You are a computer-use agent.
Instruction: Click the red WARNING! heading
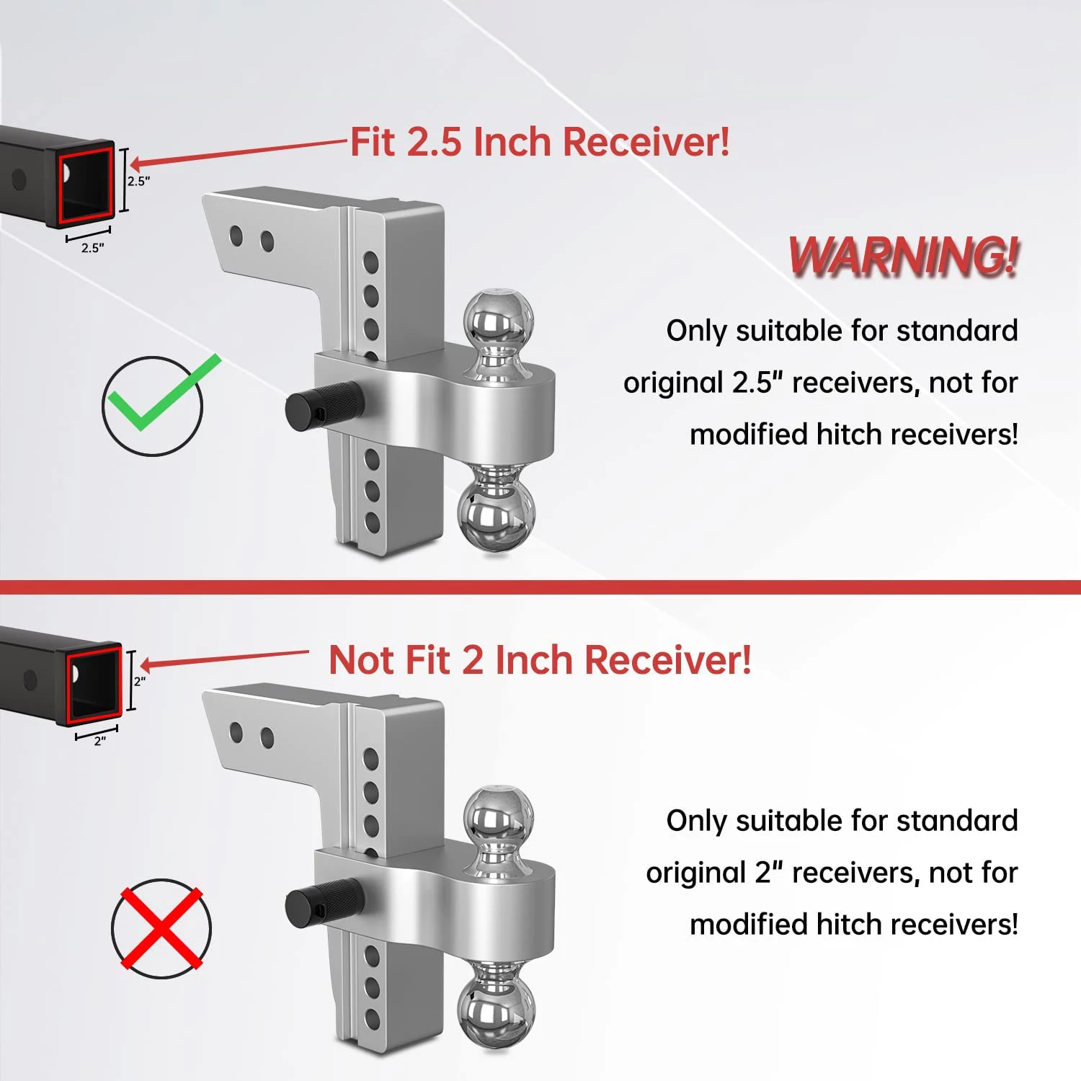(904, 257)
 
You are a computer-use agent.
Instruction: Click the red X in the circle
(161, 928)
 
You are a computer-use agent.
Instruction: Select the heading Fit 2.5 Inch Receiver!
(540, 141)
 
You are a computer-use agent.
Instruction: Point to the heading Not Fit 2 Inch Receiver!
(540, 659)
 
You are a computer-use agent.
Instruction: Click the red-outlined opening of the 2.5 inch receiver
(86, 184)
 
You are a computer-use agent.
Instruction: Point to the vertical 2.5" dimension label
(138, 181)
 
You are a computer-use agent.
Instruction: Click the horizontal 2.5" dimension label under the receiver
(92, 248)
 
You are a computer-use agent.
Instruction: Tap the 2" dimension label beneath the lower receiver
(99, 741)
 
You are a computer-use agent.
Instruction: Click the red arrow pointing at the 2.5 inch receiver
(238, 153)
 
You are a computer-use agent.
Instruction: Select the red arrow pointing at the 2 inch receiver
(223, 658)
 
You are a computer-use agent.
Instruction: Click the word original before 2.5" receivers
(673, 383)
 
